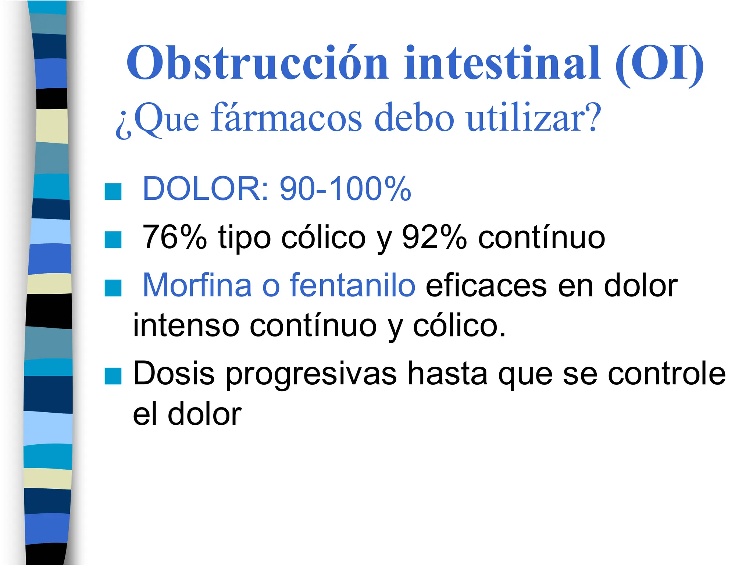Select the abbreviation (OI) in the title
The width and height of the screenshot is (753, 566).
pos(659,64)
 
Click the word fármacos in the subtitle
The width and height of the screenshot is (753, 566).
pos(286,118)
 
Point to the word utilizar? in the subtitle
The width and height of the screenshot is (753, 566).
pos(533,118)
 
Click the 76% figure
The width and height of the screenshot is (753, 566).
pos(175,237)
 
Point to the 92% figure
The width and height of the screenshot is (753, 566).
pos(434,237)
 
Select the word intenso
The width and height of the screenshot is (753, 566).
pos(186,325)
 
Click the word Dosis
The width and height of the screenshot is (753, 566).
pos(174,374)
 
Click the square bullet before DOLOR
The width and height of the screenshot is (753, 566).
pos(113,191)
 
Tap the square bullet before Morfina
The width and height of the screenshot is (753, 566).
pos(113,288)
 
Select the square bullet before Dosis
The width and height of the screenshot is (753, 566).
pos(113,376)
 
